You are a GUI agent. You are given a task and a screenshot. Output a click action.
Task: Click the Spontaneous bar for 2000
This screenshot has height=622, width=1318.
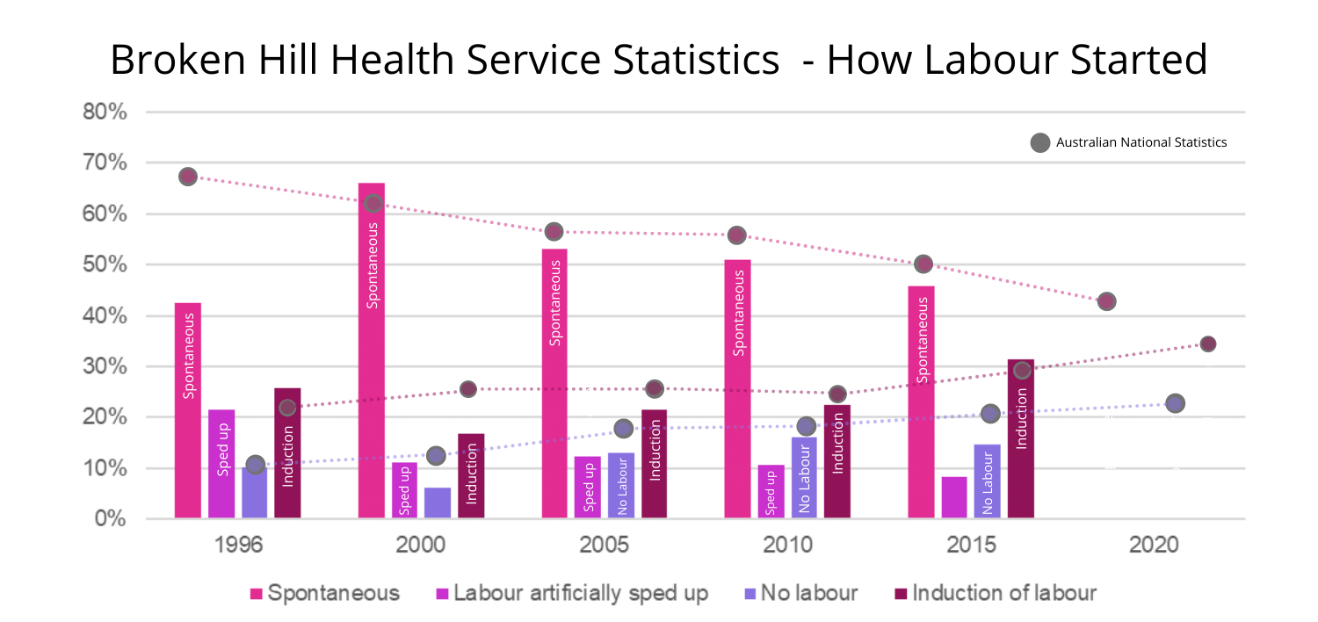pyautogui.click(x=372, y=351)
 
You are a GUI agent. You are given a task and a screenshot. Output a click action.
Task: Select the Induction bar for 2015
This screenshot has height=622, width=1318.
pyautogui.click(x=1020, y=439)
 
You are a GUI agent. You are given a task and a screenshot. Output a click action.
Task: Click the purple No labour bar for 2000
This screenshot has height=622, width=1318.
pyautogui.click(x=438, y=503)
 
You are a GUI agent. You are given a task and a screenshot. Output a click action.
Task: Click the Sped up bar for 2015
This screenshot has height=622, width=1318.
pyautogui.click(x=954, y=497)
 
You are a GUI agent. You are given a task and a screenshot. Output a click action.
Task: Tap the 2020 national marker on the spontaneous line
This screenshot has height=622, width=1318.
pyautogui.click(x=1107, y=301)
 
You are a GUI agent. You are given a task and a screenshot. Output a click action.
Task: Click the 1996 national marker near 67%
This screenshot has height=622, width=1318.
pyautogui.click(x=188, y=177)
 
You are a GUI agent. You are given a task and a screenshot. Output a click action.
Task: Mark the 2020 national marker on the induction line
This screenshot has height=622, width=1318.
pyautogui.click(x=1208, y=344)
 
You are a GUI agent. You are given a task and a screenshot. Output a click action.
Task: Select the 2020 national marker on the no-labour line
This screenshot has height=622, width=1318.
pyautogui.click(x=1175, y=403)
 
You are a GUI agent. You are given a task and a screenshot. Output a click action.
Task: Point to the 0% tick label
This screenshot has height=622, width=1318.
pyautogui.click(x=111, y=519)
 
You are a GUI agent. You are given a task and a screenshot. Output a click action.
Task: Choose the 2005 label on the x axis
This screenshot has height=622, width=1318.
pyautogui.click(x=605, y=546)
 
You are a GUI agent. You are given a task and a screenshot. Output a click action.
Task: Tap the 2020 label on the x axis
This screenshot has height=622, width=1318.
pyautogui.click(x=1154, y=546)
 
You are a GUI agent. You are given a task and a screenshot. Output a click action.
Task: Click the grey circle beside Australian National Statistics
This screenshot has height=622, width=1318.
pyautogui.click(x=1040, y=142)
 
